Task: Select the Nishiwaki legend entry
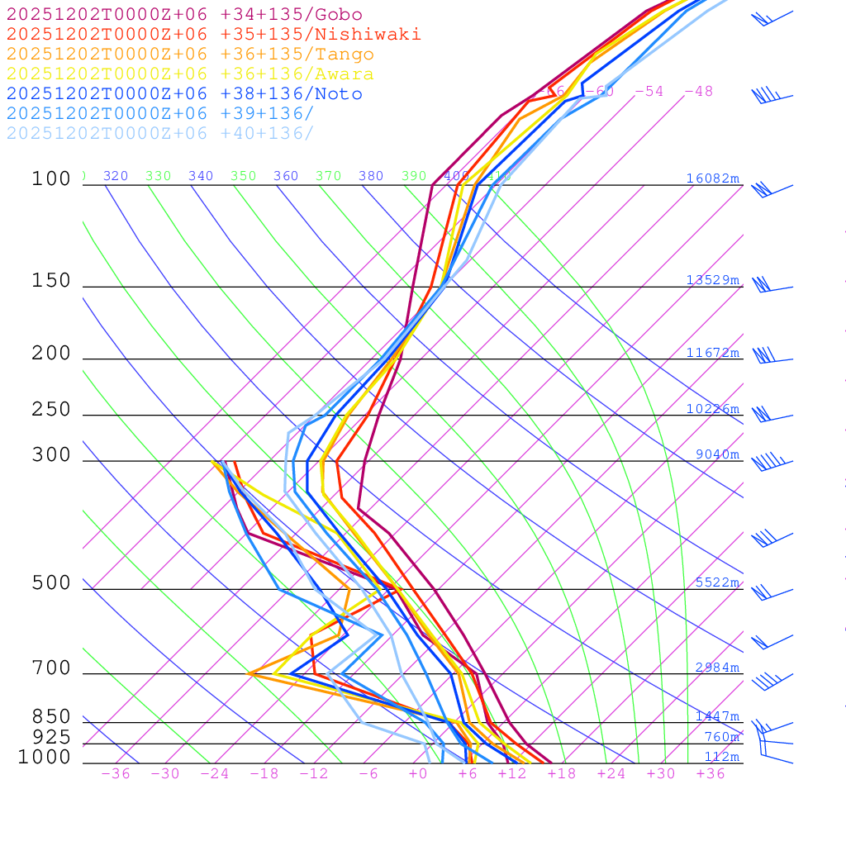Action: tap(213, 34)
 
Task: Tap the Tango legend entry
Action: tap(190, 55)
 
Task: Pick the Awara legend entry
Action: tap(190, 74)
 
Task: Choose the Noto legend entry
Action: tap(184, 94)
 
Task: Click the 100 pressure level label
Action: tap(51, 178)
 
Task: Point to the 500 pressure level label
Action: tap(51, 583)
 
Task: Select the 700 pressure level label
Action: tap(51, 668)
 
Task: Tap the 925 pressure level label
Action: tap(51, 737)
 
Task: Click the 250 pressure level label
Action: tap(51, 410)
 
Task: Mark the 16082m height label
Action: tap(712, 178)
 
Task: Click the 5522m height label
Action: tap(717, 582)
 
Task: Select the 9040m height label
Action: tap(717, 454)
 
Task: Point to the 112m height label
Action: tap(721, 757)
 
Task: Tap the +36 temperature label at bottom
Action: tap(711, 774)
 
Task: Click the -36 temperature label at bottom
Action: tap(116, 774)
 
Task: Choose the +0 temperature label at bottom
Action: tap(418, 774)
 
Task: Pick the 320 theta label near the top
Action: tap(116, 176)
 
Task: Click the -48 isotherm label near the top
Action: tap(698, 92)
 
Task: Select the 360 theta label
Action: tap(286, 176)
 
